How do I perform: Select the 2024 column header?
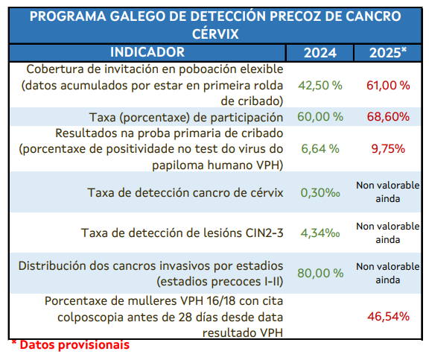(x=320, y=52)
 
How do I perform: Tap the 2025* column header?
(x=388, y=52)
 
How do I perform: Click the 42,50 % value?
(x=320, y=85)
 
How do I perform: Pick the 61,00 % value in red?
(x=388, y=85)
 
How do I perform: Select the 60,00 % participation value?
(x=320, y=117)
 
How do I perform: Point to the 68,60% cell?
(x=388, y=117)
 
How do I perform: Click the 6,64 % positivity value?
(x=320, y=148)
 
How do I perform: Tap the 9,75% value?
(x=388, y=148)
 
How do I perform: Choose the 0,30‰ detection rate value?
(x=320, y=192)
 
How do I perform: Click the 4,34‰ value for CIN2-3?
(x=320, y=233)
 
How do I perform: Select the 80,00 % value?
(x=320, y=274)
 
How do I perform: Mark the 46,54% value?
(x=388, y=316)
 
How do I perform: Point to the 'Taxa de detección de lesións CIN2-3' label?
(x=182, y=233)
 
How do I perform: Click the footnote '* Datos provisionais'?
(x=69, y=345)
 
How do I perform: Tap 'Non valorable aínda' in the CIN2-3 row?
(x=388, y=233)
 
